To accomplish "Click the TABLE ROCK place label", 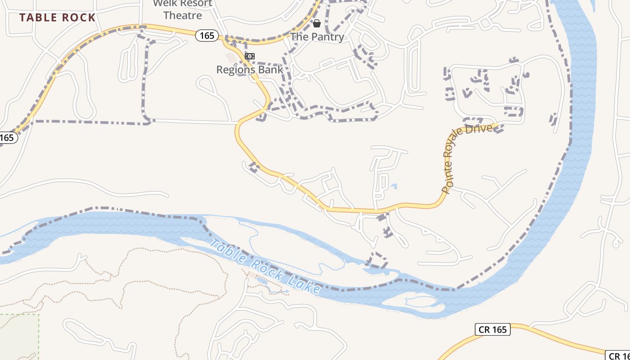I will [58, 18].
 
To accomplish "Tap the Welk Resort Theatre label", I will [182, 9].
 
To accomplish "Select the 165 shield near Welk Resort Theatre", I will [207, 36].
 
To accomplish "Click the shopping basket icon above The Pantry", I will [317, 23].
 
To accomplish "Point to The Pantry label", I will [317, 37].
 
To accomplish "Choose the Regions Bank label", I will [250, 70].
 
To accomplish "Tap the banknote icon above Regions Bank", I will [250, 56].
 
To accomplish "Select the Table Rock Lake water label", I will [265, 266].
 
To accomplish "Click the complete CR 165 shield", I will [492, 329].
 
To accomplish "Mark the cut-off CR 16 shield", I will [618, 355].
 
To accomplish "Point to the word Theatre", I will [182, 15].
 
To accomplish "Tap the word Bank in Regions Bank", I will [271, 70].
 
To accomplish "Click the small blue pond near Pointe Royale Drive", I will [394, 186].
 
